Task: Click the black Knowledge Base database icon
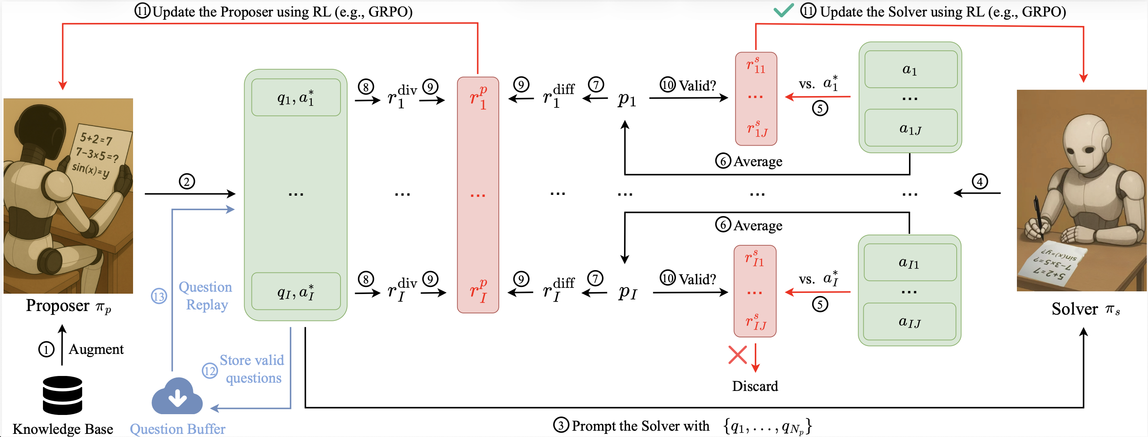[x=62, y=395]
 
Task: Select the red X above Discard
[x=737, y=355]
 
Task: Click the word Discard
[x=755, y=386]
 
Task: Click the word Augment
[x=96, y=349]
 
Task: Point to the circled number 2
[x=187, y=181]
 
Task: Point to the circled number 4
[x=979, y=181]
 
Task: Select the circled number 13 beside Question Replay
[x=159, y=296]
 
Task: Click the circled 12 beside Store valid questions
[x=209, y=370]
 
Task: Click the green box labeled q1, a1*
[x=296, y=98]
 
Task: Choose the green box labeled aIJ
[x=909, y=322]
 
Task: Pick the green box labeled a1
[x=911, y=70]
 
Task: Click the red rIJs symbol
[x=756, y=322]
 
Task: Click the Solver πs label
[x=1085, y=309]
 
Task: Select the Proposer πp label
[x=68, y=306]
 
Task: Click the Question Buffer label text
[x=178, y=429]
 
